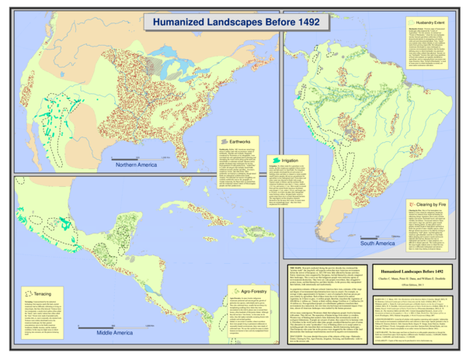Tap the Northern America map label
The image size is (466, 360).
tap(136, 165)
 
